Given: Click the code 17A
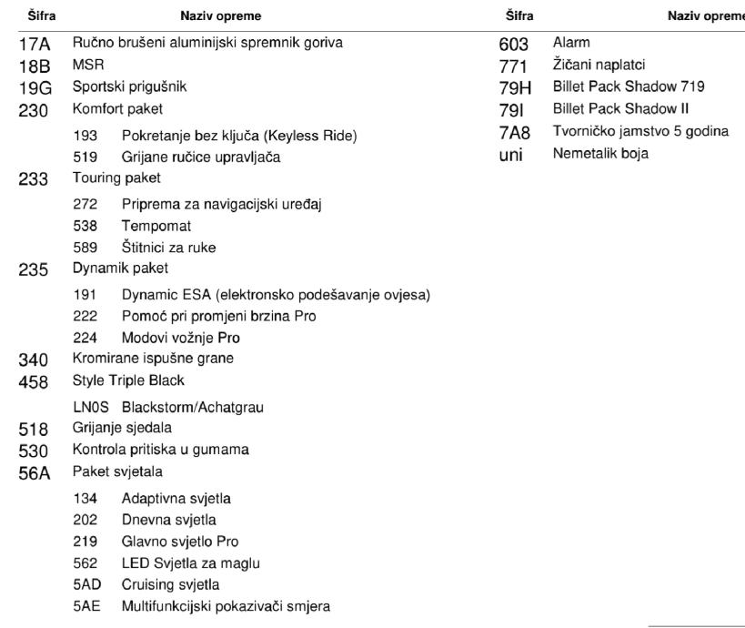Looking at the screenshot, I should (34, 44).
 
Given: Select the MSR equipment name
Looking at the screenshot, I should (88, 66).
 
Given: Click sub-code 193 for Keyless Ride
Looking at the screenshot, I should (85, 136).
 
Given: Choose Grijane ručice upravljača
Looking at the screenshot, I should (201, 157).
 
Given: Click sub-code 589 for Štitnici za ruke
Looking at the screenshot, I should (85, 247).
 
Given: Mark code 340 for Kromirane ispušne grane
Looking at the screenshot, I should (34, 360).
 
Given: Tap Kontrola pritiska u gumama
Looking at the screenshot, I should (160, 450).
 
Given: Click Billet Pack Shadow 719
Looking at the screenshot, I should (629, 87).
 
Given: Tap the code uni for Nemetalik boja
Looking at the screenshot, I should (512, 155).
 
